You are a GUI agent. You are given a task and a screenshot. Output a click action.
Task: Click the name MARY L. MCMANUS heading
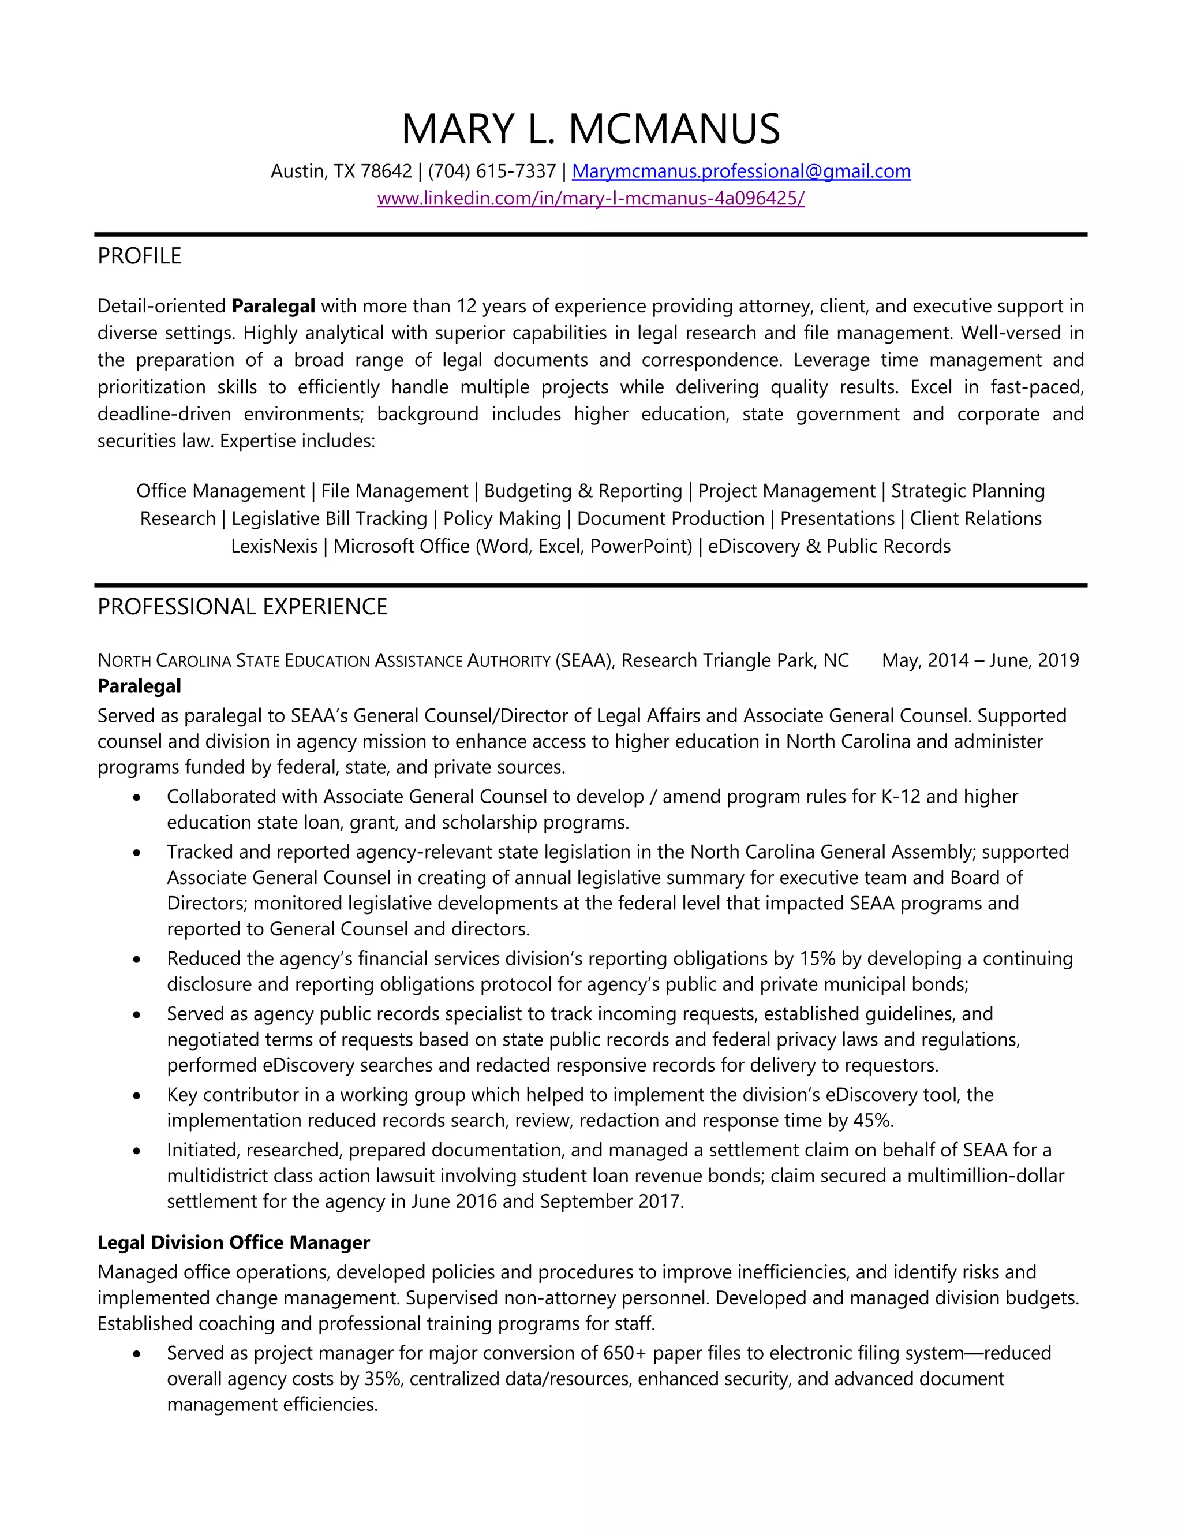point(590,129)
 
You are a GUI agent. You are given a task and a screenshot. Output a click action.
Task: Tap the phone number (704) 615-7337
point(492,171)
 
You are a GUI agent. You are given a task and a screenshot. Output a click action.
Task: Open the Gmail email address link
point(741,171)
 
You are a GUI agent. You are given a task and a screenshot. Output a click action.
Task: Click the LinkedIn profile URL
point(590,198)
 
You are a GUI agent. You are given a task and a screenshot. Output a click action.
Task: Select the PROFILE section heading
point(139,256)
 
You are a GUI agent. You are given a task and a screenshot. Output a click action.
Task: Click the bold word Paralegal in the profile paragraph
point(273,306)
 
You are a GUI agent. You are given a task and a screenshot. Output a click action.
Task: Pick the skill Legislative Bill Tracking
point(329,518)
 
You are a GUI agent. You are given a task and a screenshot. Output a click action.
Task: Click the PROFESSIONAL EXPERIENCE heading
point(242,606)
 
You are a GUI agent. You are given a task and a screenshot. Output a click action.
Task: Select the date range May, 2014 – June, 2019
point(981,660)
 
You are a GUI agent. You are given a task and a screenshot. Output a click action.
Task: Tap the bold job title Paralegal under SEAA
point(139,686)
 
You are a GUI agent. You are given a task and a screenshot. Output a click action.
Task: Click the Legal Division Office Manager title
point(233,1242)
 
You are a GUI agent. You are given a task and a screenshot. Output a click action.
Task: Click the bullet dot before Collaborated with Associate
point(137,797)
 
